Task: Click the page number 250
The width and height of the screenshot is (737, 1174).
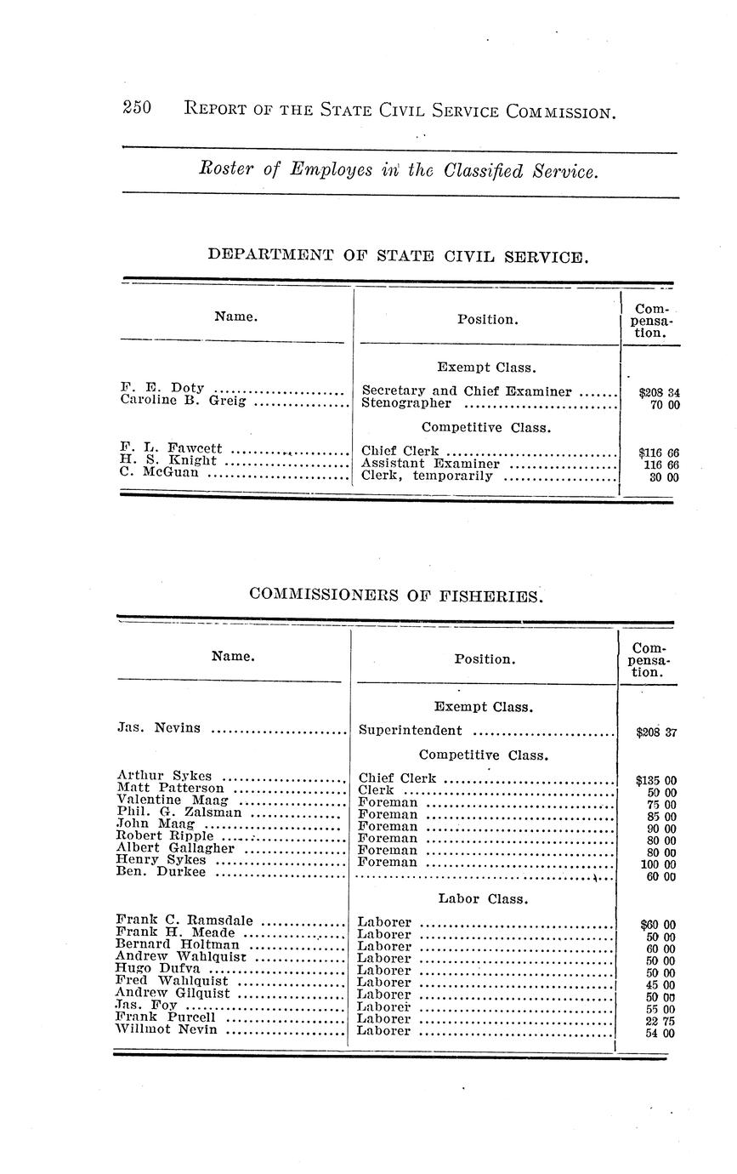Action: [137, 108]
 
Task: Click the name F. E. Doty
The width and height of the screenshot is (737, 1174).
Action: [162, 389]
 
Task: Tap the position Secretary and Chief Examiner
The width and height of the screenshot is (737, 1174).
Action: [467, 391]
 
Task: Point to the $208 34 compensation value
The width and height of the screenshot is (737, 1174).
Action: [659, 393]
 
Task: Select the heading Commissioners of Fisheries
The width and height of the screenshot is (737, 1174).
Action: [395, 596]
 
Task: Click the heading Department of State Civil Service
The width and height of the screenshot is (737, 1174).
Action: [397, 255]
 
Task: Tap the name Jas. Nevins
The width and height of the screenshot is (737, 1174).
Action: [158, 727]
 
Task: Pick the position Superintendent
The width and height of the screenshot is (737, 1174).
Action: [411, 730]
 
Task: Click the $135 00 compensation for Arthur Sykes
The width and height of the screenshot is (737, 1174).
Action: [655, 780]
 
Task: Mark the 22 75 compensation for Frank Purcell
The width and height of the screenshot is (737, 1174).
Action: [660, 1022]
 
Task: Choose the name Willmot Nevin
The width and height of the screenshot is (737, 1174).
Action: [167, 1029]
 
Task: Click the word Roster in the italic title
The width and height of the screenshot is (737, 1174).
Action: [225, 170]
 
